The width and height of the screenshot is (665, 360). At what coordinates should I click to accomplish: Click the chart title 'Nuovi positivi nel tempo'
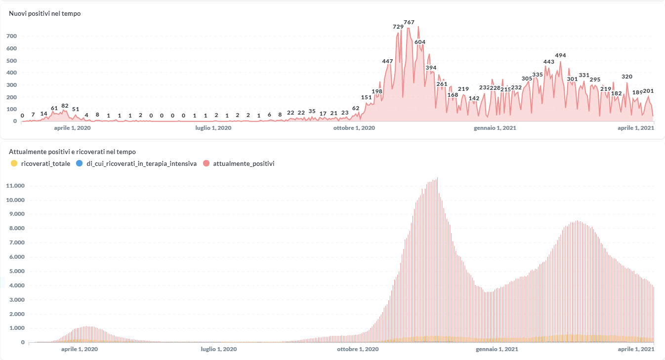click(45, 14)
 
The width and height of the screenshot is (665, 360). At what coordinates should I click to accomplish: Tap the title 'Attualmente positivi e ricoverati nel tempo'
click(72, 152)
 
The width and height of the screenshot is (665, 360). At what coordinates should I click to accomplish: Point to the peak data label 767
click(409, 22)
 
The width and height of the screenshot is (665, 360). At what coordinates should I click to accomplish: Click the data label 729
click(398, 27)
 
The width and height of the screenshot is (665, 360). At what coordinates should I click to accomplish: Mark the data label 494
click(560, 55)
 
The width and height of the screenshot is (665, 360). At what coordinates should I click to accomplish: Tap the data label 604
click(420, 42)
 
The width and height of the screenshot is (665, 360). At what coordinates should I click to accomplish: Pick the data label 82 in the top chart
click(65, 106)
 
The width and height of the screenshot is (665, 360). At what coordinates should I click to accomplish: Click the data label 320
click(627, 77)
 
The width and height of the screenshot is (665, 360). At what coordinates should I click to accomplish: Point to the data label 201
click(649, 91)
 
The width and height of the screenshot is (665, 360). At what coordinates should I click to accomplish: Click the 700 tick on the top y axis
click(11, 37)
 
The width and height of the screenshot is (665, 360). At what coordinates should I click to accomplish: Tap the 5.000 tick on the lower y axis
click(16, 272)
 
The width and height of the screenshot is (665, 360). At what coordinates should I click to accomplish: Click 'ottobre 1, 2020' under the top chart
click(354, 128)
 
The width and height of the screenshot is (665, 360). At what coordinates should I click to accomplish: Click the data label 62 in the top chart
click(356, 108)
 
